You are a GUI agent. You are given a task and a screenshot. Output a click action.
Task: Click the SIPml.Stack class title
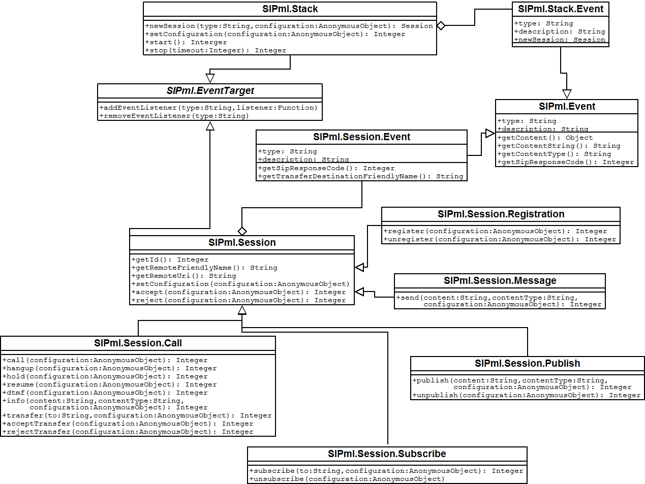coord(290,9)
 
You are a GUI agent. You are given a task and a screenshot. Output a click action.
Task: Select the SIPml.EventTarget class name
coord(210,91)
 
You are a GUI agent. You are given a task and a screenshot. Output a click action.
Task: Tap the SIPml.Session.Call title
coord(138,343)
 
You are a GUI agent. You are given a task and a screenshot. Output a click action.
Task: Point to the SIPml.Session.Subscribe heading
coord(387,454)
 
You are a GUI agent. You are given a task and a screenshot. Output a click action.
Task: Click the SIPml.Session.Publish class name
coord(527,364)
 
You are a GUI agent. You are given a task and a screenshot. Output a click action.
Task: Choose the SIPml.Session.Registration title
coord(501,214)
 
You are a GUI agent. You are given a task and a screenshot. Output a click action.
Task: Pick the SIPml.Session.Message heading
coord(500,281)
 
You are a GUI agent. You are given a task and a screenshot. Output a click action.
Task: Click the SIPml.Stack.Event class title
coord(560,9)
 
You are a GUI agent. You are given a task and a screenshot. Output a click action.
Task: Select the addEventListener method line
coord(208,108)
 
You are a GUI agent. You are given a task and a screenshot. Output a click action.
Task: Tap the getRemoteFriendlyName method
coord(204,268)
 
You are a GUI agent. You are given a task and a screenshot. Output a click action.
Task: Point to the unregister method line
coord(500,239)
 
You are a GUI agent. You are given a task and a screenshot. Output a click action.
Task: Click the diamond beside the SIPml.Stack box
coord(441,25)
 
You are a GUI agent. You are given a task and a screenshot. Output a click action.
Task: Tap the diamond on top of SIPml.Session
coord(242,231)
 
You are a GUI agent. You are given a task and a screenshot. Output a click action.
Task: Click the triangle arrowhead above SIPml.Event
coord(567,94)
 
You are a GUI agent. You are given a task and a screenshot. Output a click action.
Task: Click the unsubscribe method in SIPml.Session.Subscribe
coord(347,479)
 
